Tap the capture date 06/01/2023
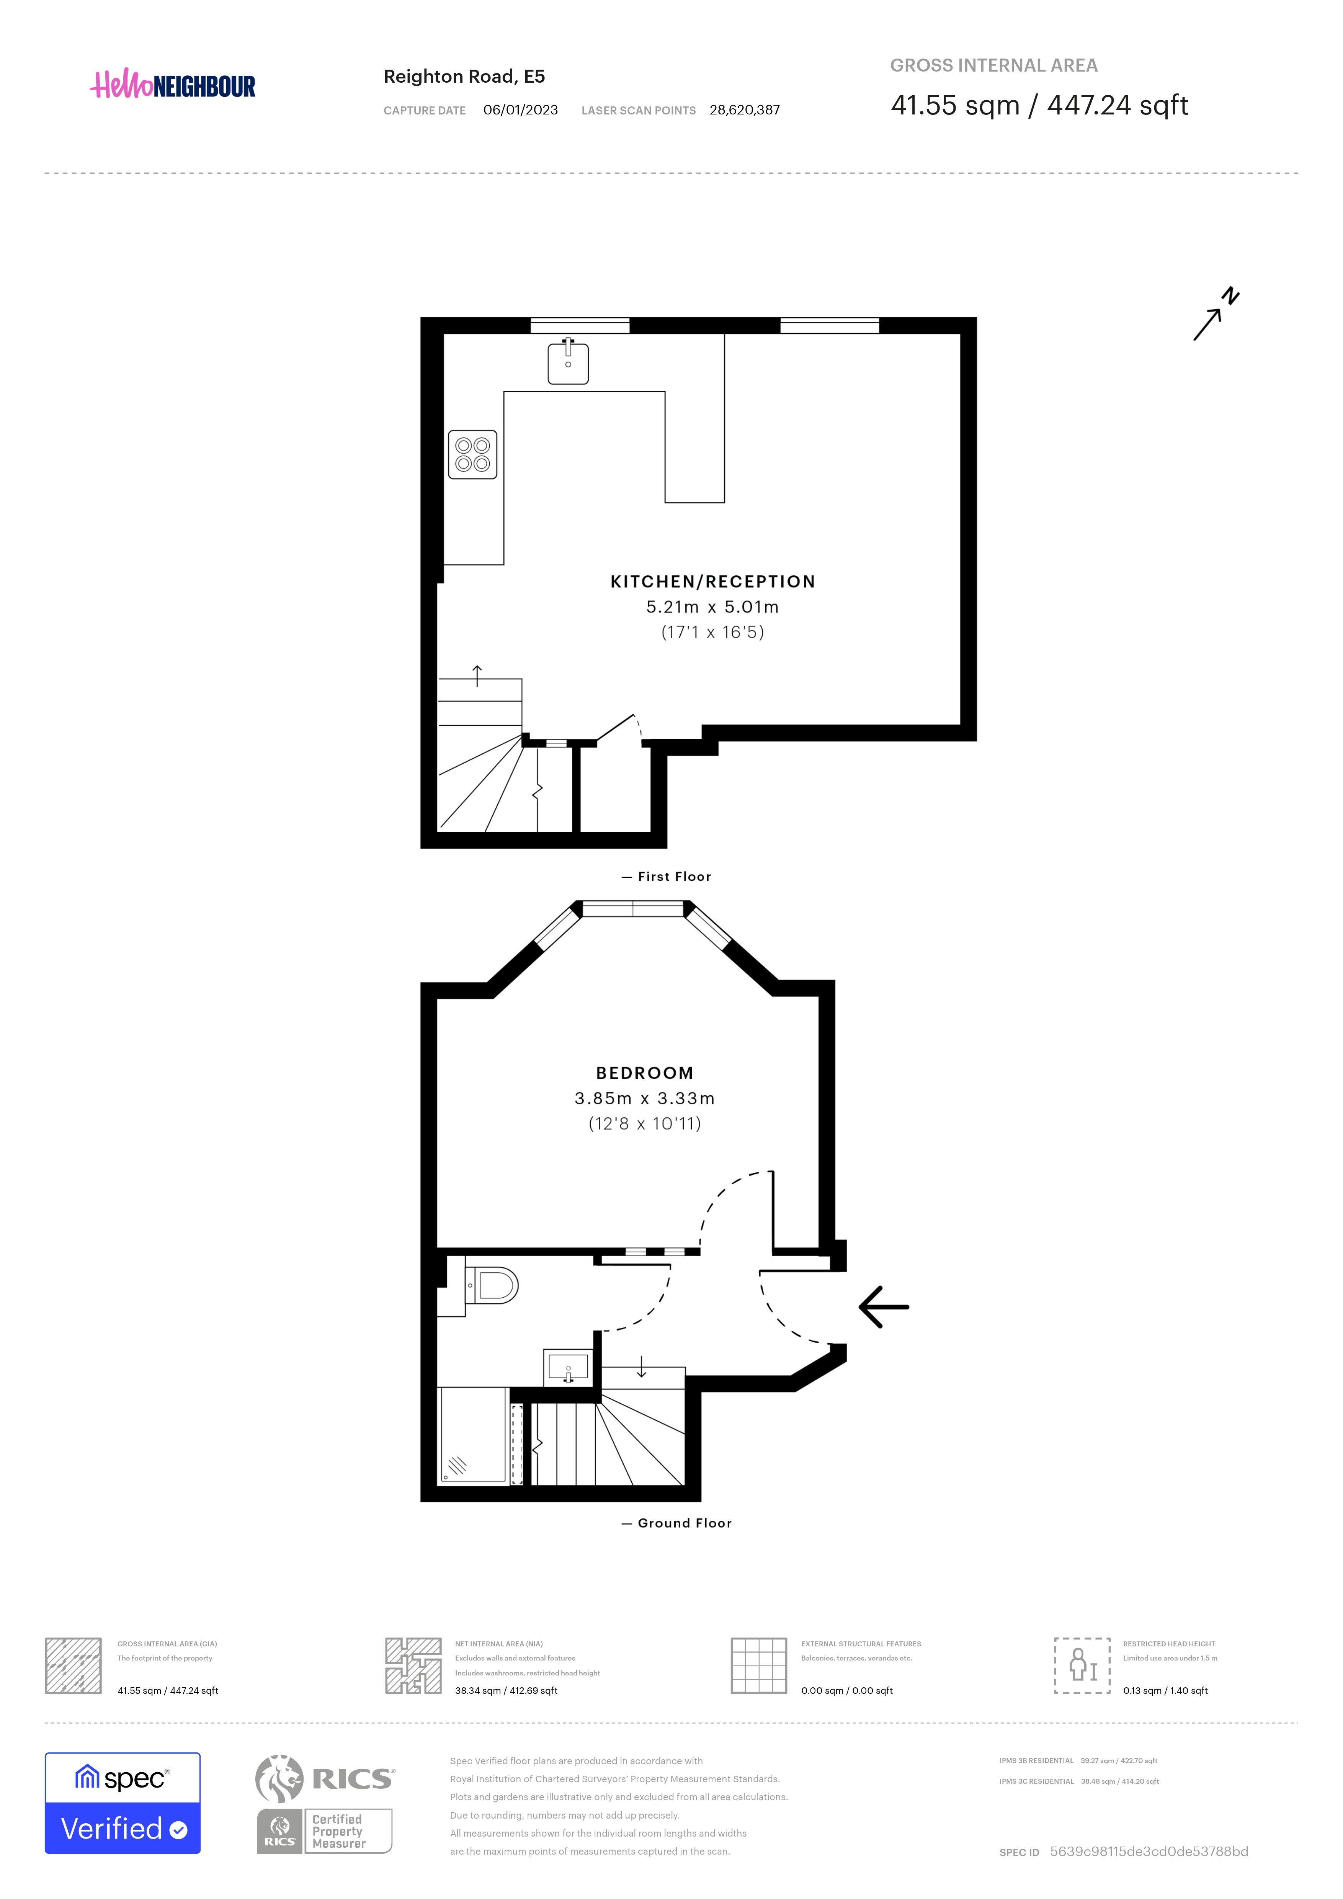coord(520,110)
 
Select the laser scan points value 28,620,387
coord(744,110)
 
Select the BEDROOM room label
coord(645,1073)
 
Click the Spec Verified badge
coord(123,1803)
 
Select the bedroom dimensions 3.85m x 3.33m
coord(645,1098)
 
